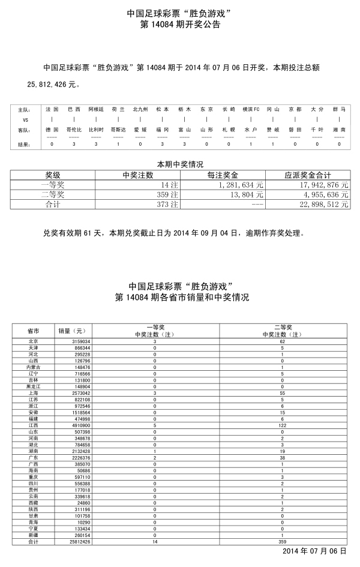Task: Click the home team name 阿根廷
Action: click(x=96, y=109)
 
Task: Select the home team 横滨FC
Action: click(x=251, y=109)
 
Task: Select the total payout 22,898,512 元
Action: click(x=319, y=205)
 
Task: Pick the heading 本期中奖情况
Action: click(x=180, y=164)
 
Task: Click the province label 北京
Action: click(x=34, y=341)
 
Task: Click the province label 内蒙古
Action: click(x=34, y=367)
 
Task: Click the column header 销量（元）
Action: click(x=72, y=331)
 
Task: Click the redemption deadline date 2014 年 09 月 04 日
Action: click(x=207, y=233)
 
